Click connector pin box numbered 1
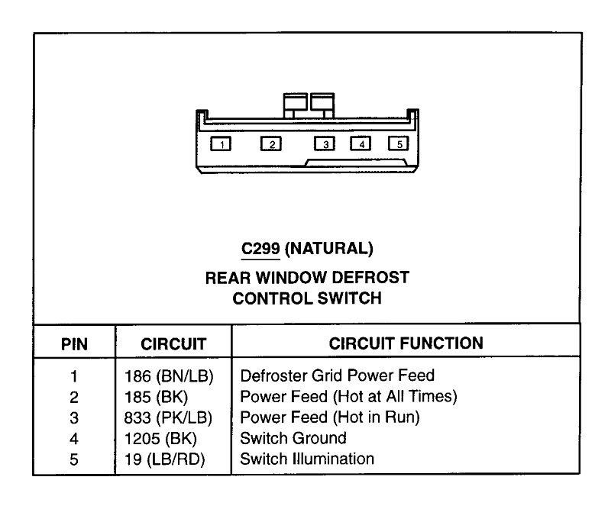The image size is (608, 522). pos(221,143)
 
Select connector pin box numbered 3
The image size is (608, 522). pos(325,143)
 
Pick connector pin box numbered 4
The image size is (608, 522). pos(361,143)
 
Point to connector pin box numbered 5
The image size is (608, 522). pos(398,143)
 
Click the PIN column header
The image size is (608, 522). pos(74,344)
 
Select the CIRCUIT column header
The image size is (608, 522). pos(173,344)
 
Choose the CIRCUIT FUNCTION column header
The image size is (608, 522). pos(406,343)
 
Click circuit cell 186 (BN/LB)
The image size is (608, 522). pos(168,376)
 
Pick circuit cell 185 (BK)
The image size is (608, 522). pos(155,397)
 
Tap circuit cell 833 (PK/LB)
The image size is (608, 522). pos(168,417)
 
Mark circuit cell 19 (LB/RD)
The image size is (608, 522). pos(164,459)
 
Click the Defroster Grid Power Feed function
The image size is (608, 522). pos(337,375)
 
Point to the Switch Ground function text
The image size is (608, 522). pos(293,438)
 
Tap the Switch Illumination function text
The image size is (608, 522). pos(307,459)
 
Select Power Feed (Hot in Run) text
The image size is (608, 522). pos(330,417)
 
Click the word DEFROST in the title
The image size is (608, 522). pos(373,277)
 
